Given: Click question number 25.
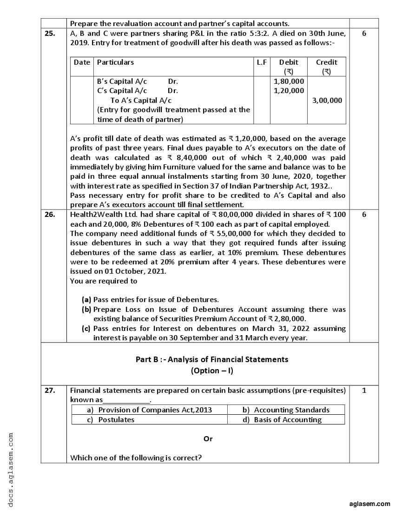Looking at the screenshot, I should [49, 34].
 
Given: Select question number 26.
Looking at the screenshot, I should [49, 215].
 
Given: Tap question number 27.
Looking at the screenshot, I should [49, 390].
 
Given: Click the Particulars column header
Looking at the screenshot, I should [115, 62].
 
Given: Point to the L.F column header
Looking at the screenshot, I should [262, 62].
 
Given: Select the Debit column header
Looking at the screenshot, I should [289, 62].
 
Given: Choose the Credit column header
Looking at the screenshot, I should [327, 62].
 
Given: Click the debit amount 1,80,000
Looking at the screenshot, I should [289, 81].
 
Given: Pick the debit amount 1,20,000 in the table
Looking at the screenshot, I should [289, 91].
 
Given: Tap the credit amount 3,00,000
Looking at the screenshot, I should [327, 100].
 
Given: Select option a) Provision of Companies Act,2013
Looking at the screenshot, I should [150, 410].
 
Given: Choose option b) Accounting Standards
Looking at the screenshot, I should [286, 410].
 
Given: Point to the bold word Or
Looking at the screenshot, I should [208, 438].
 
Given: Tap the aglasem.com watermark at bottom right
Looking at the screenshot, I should [370, 504].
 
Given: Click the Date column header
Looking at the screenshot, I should [82, 62].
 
